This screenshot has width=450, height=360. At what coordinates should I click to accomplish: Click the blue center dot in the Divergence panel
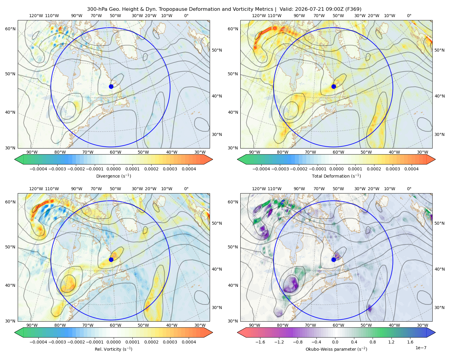(111, 86)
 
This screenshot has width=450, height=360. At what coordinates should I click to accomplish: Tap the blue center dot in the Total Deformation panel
(334, 86)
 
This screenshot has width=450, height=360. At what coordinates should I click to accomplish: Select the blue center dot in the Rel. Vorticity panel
(111, 259)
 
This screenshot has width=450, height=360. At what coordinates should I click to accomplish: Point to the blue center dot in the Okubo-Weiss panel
(334, 259)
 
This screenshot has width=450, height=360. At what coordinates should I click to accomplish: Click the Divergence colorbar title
(113, 176)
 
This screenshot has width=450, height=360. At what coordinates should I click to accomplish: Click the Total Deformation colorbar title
(336, 176)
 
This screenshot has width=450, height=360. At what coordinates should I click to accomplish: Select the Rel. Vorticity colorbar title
(113, 349)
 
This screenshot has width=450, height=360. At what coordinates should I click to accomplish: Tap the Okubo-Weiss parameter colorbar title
(336, 349)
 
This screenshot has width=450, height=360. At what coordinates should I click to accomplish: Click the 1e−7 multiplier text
(421, 348)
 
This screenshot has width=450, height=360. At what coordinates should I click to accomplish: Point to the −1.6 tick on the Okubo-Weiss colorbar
(260, 342)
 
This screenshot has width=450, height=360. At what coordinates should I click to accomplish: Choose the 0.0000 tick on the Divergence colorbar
(113, 169)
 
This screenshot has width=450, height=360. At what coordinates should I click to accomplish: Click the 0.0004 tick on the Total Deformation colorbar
(411, 169)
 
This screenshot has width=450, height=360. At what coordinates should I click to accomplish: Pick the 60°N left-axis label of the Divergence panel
(10, 29)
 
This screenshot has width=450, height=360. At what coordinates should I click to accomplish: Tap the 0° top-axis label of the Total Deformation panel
(409, 16)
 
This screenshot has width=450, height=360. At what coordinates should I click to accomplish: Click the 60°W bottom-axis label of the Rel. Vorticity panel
(115, 325)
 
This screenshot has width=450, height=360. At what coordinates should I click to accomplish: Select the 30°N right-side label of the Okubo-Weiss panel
(439, 307)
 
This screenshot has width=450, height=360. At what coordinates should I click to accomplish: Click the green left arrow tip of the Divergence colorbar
(15, 159)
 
